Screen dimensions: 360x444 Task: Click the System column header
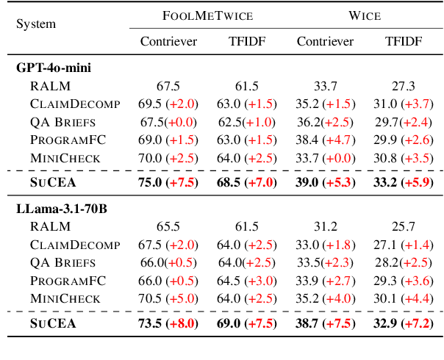tap(36, 24)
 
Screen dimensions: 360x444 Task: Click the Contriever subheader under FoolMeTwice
tap(168, 41)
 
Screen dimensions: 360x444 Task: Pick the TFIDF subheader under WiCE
tap(404, 41)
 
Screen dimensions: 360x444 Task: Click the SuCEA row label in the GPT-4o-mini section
tap(53, 183)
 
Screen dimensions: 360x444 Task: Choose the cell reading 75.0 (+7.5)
tap(168, 183)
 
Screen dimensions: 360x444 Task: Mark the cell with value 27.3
tap(404, 85)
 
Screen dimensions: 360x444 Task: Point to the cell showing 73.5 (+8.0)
tap(168, 323)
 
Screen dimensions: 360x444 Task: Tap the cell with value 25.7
tap(404, 227)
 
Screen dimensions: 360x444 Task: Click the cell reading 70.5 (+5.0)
tap(168, 298)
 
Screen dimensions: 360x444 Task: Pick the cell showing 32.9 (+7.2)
tap(404, 323)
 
